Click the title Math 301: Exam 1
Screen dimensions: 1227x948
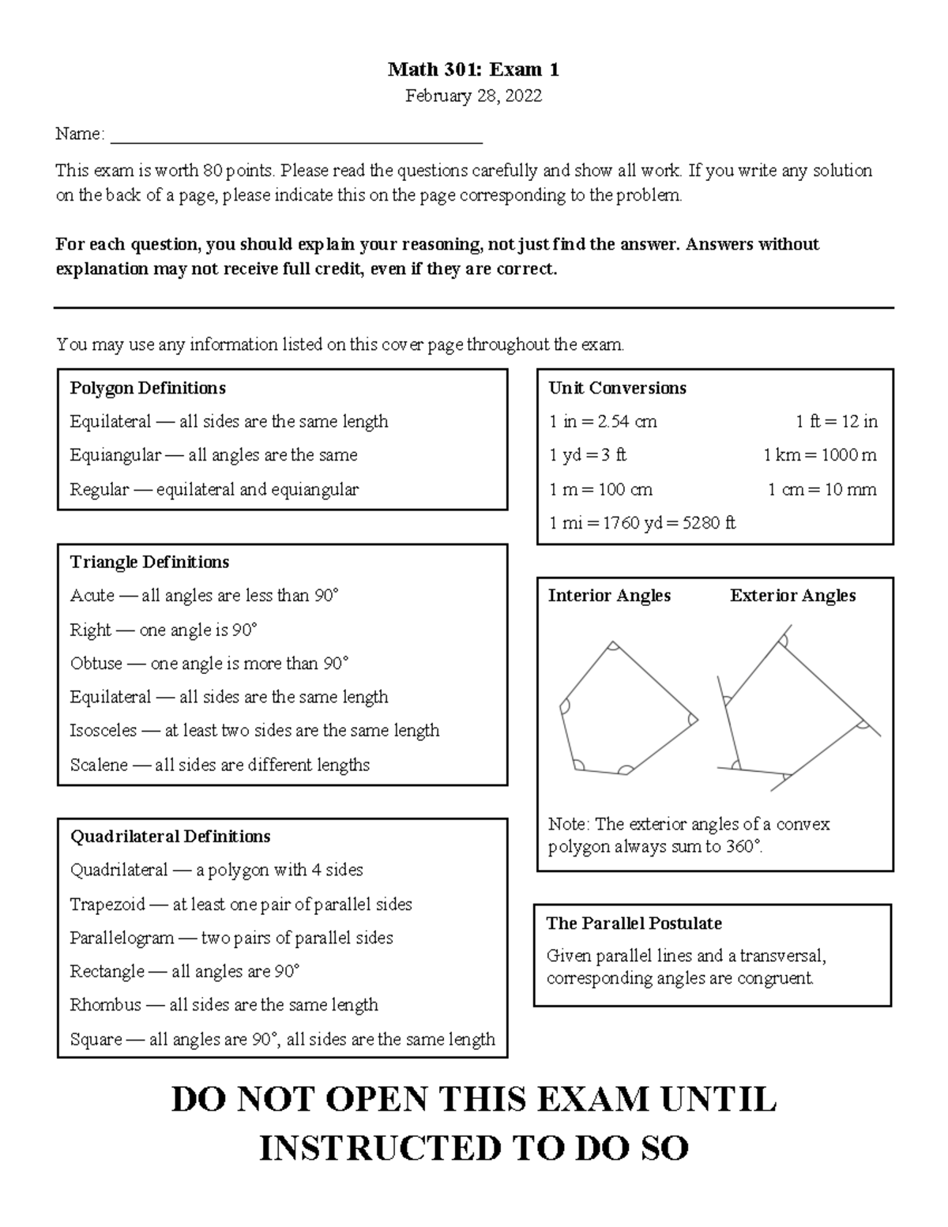pyautogui.click(x=473, y=70)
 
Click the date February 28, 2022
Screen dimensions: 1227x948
pyautogui.click(x=473, y=96)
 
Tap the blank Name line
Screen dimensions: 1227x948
pyautogui.click(x=296, y=139)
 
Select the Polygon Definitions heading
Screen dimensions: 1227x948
pyautogui.click(x=148, y=388)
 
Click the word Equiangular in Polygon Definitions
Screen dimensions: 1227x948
pyautogui.click(x=115, y=455)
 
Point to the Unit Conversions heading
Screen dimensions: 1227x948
pyautogui.click(x=617, y=388)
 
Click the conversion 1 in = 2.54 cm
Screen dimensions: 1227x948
pyautogui.click(x=603, y=422)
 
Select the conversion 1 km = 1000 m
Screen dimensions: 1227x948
pyautogui.click(x=819, y=455)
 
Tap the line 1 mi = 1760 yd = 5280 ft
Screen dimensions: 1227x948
pyautogui.click(x=641, y=523)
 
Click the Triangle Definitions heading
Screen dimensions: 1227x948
pyautogui.click(x=149, y=562)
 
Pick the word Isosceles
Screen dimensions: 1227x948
pyautogui.click(x=103, y=731)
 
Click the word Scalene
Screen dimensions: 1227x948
pyautogui.click(x=99, y=765)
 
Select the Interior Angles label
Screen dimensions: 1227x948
pyautogui.click(x=609, y=596)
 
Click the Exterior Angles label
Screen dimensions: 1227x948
pyautogui.click(x=792, y=596)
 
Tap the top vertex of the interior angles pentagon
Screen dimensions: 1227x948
pyautogui.click(x=613, y=643)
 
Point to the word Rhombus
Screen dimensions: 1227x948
pyautogui.click(x=105, y=1005)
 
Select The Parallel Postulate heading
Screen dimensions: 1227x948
pyautogui.click(x=634, y=923)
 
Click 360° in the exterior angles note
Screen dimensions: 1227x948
pyautogui.click(x=744, y=847)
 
